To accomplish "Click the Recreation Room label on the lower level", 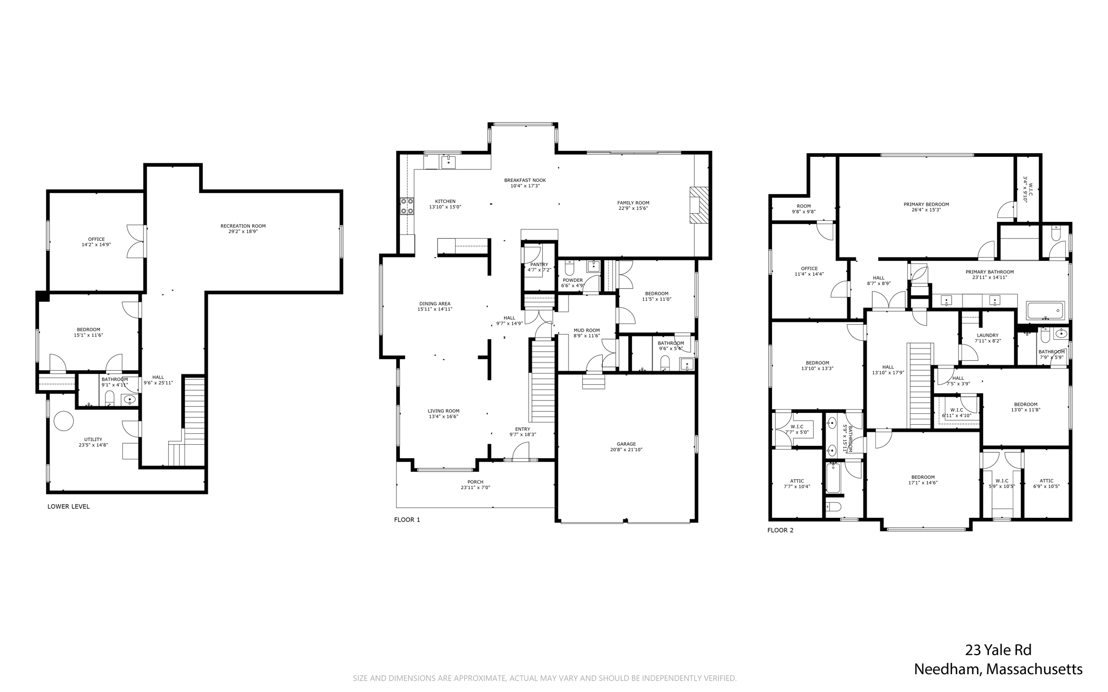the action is [243, 226].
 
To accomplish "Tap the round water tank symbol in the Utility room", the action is [63, 421].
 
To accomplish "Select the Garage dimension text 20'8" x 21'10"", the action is [626, 450].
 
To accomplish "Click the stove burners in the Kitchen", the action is [407, 206].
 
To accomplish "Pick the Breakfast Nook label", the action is [525, 180].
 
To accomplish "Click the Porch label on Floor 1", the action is [476, 482].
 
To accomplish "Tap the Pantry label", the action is [539, 265].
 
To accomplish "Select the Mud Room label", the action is [587, 330].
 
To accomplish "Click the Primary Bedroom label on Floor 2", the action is [926, 205].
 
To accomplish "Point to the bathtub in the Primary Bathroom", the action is [1045, 311].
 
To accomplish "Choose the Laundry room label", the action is [988, 335].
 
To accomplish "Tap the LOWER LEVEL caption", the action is [69, 506].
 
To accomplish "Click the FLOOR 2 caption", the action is [781, 530].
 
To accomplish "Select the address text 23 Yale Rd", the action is [998, 650].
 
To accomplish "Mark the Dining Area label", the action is [435, 304].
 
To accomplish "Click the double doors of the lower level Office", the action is [136, 241].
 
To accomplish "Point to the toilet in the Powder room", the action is [569, 268].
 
